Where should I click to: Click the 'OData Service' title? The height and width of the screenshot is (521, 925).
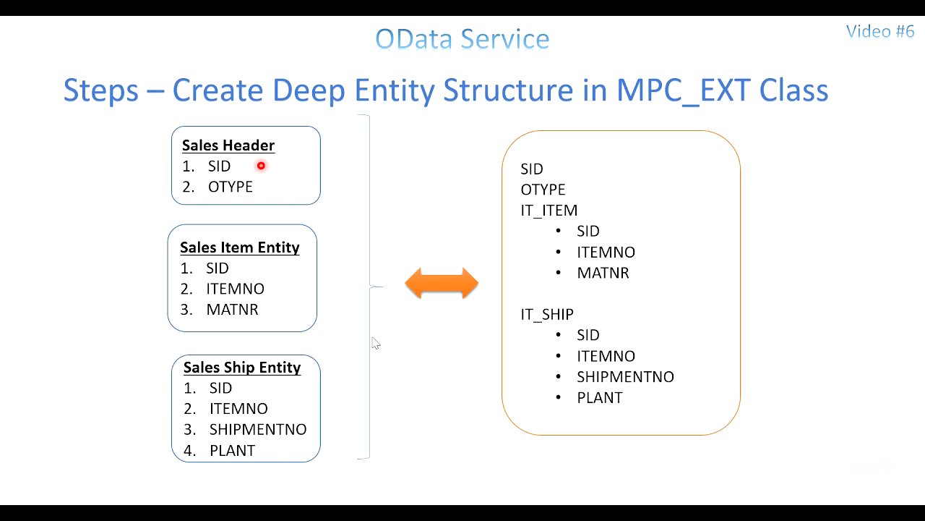coord(462,39)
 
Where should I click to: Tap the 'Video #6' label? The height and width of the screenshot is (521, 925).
coord(879,31)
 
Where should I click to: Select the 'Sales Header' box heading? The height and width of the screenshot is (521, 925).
coord(228,145)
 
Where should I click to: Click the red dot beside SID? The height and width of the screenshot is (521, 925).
coord(261,166)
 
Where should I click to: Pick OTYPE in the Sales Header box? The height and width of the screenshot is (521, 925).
coord(230,187)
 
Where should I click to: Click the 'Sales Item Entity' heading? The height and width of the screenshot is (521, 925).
coord(239,247)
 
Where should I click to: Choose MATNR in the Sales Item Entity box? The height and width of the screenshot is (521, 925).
coord(232,310)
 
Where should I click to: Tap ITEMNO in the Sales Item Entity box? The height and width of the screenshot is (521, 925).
coord(235,289)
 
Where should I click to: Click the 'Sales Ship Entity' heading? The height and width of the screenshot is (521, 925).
coord(241,368)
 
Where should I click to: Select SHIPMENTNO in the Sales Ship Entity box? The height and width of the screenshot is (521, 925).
coord(258,429)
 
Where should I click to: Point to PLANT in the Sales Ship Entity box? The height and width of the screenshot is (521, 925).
coord(232,450)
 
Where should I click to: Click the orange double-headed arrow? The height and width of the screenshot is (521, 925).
coord(442,284)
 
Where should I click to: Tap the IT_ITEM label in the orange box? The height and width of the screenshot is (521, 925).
coord(548,211)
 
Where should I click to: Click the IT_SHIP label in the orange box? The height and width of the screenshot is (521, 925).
coord(547,315)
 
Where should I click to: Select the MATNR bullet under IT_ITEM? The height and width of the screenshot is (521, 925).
coord(603,273)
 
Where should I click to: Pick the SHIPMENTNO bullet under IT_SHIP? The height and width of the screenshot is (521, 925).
coord(625,377)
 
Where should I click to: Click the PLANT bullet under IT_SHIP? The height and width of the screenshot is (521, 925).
coord(599,398)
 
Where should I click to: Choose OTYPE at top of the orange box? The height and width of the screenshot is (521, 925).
coord(543,190)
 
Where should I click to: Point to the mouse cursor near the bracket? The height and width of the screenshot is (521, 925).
coord(376,344)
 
